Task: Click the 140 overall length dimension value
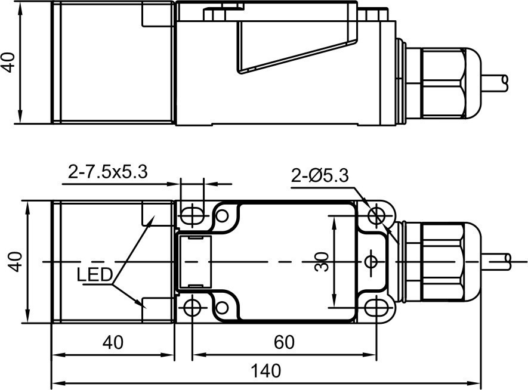point(266,371)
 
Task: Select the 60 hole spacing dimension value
point(284,342)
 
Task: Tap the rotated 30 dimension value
point(322,261)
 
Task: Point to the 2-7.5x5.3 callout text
point(108,172)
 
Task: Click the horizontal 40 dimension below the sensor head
point(112,342)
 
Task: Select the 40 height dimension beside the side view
point(8,61)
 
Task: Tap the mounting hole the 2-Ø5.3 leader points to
point(376,214)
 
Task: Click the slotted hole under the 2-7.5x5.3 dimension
point(192,214)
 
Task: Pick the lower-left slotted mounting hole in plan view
point(192,308)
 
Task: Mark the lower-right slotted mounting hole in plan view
point(375,308)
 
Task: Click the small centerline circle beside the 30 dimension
point(370,261)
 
